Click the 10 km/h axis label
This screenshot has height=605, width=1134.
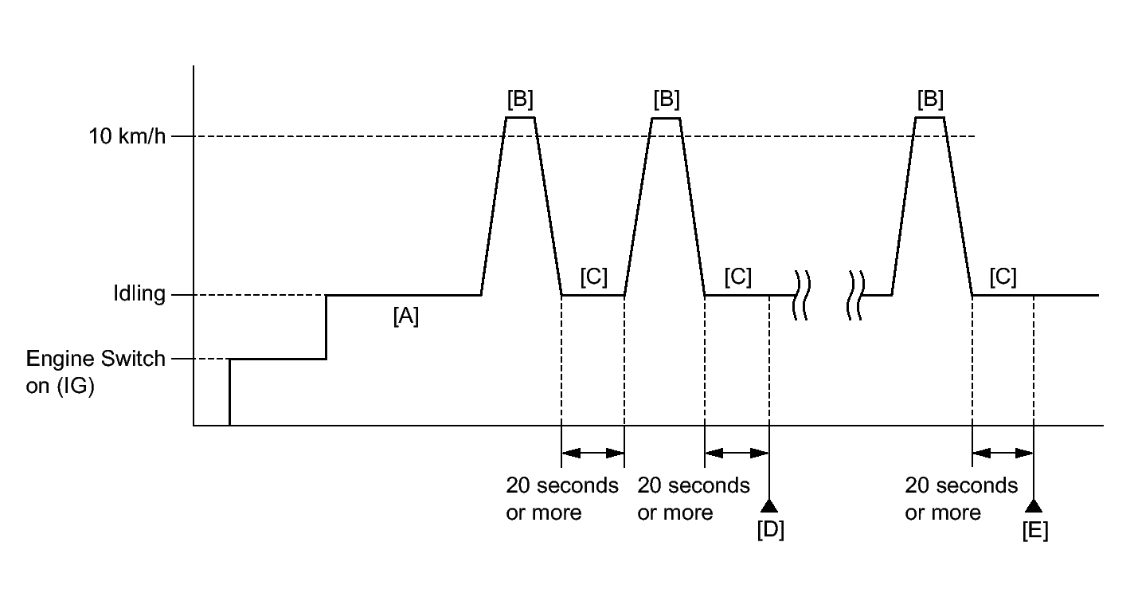pyautogui.click(x=127, y=136)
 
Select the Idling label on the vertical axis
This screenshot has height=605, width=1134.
pyautogui.click(x=139, y=294)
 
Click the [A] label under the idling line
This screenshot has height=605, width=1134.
pyautogui.click(x=405, y=316)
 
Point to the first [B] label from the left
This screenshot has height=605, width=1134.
pyautogui.click(x=520, y=100)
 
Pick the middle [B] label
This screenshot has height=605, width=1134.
pyautogui.click(x=666, y=100)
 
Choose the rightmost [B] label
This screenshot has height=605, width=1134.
pyautogui.click(x=930, y=100)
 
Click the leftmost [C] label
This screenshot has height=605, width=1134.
pyautogui.click(x=593, y=277)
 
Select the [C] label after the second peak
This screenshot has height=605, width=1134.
pyautogui.click(x=738, y=277)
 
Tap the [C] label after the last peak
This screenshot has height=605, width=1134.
pyautogui.click(x=1003, y=277)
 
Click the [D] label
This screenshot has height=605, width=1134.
pyautogui.click(x=770, y=530)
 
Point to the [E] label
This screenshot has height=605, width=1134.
pyautogui.click(x=1034, y=530)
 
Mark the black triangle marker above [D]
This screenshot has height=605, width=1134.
pyautogui.click(x=769, y=505)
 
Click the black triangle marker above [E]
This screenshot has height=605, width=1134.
pyautogui.click(x=1034, y=505)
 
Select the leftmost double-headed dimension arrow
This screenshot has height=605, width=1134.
pyautogui.click(x=592, y=453)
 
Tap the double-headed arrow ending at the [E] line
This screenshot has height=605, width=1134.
pyautogui.click(x=1003, y=453)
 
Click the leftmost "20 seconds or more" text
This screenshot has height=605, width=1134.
pyautogui.click(x=562, y=499)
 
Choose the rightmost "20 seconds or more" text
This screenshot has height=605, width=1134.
pyautogui.click(x=961, y=499)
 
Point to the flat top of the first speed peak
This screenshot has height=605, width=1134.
pyautogui.click(x=520, y=118)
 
